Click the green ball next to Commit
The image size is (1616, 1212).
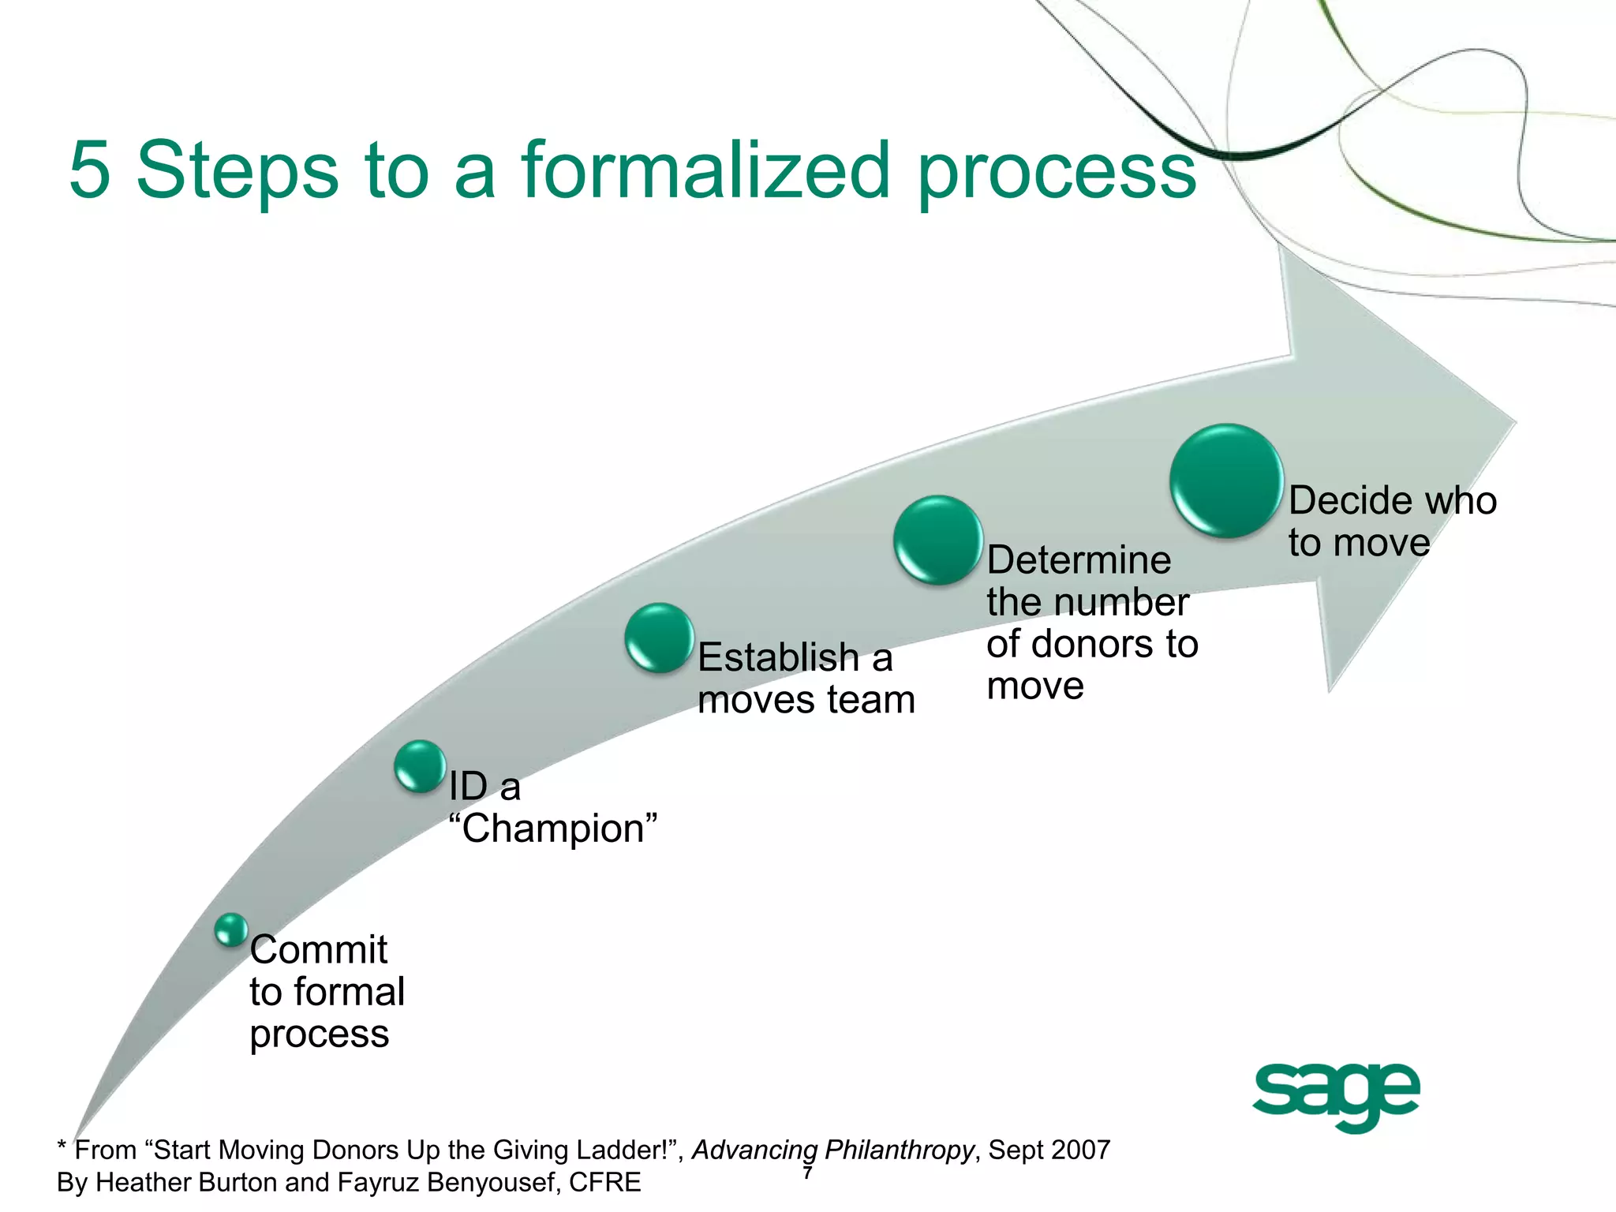click(x=231, y=930)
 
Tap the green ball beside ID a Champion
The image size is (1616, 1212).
click(x=420, y=766)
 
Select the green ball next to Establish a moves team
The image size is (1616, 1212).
click(x=660, y=638)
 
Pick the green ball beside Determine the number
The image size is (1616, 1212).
click(x=938, y=540)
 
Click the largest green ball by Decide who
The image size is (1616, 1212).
click(x=1226, y=481)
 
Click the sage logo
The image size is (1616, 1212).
click(x=1336, y=1095)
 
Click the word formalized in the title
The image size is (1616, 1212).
click(x=706, y=170)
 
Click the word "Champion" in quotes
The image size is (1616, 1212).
click(x=552, y=829)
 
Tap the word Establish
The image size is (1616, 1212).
click(x=778, y=657)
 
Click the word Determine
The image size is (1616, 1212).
click(x=1079, y=560)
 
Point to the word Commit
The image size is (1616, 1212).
click(x=318, y=949)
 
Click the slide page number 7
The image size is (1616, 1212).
click(x=807, y=1174)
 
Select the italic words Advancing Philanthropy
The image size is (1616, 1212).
click(x=833, y=1150)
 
